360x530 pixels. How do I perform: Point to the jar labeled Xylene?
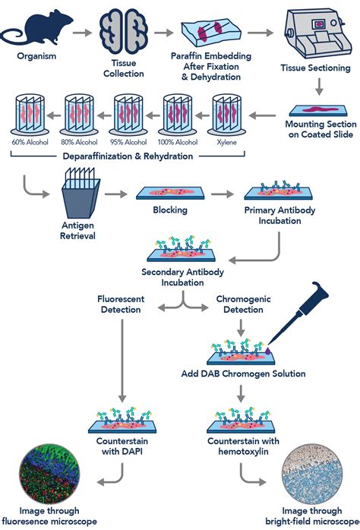click(226, 115)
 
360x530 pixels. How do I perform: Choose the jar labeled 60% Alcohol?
click(30, 115)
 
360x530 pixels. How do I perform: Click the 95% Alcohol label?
click(128, 142)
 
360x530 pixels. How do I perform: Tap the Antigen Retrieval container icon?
click(81, 194)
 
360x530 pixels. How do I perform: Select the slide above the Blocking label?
click(170, 194)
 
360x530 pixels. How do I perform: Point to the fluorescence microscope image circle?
click(49, 474)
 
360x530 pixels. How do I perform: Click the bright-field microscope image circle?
click(312, 474)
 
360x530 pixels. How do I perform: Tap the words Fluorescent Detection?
click(121, 304)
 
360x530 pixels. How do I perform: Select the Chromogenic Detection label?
click(243, 304)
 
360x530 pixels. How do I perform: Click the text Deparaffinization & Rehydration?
click(128, 156)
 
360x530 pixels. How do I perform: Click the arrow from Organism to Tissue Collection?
click(82, 33)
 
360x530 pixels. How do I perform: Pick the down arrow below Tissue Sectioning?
click(319, 87)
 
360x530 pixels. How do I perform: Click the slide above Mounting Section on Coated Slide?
click(318, 111)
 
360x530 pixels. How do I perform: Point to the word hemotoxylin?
click(243, 452)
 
